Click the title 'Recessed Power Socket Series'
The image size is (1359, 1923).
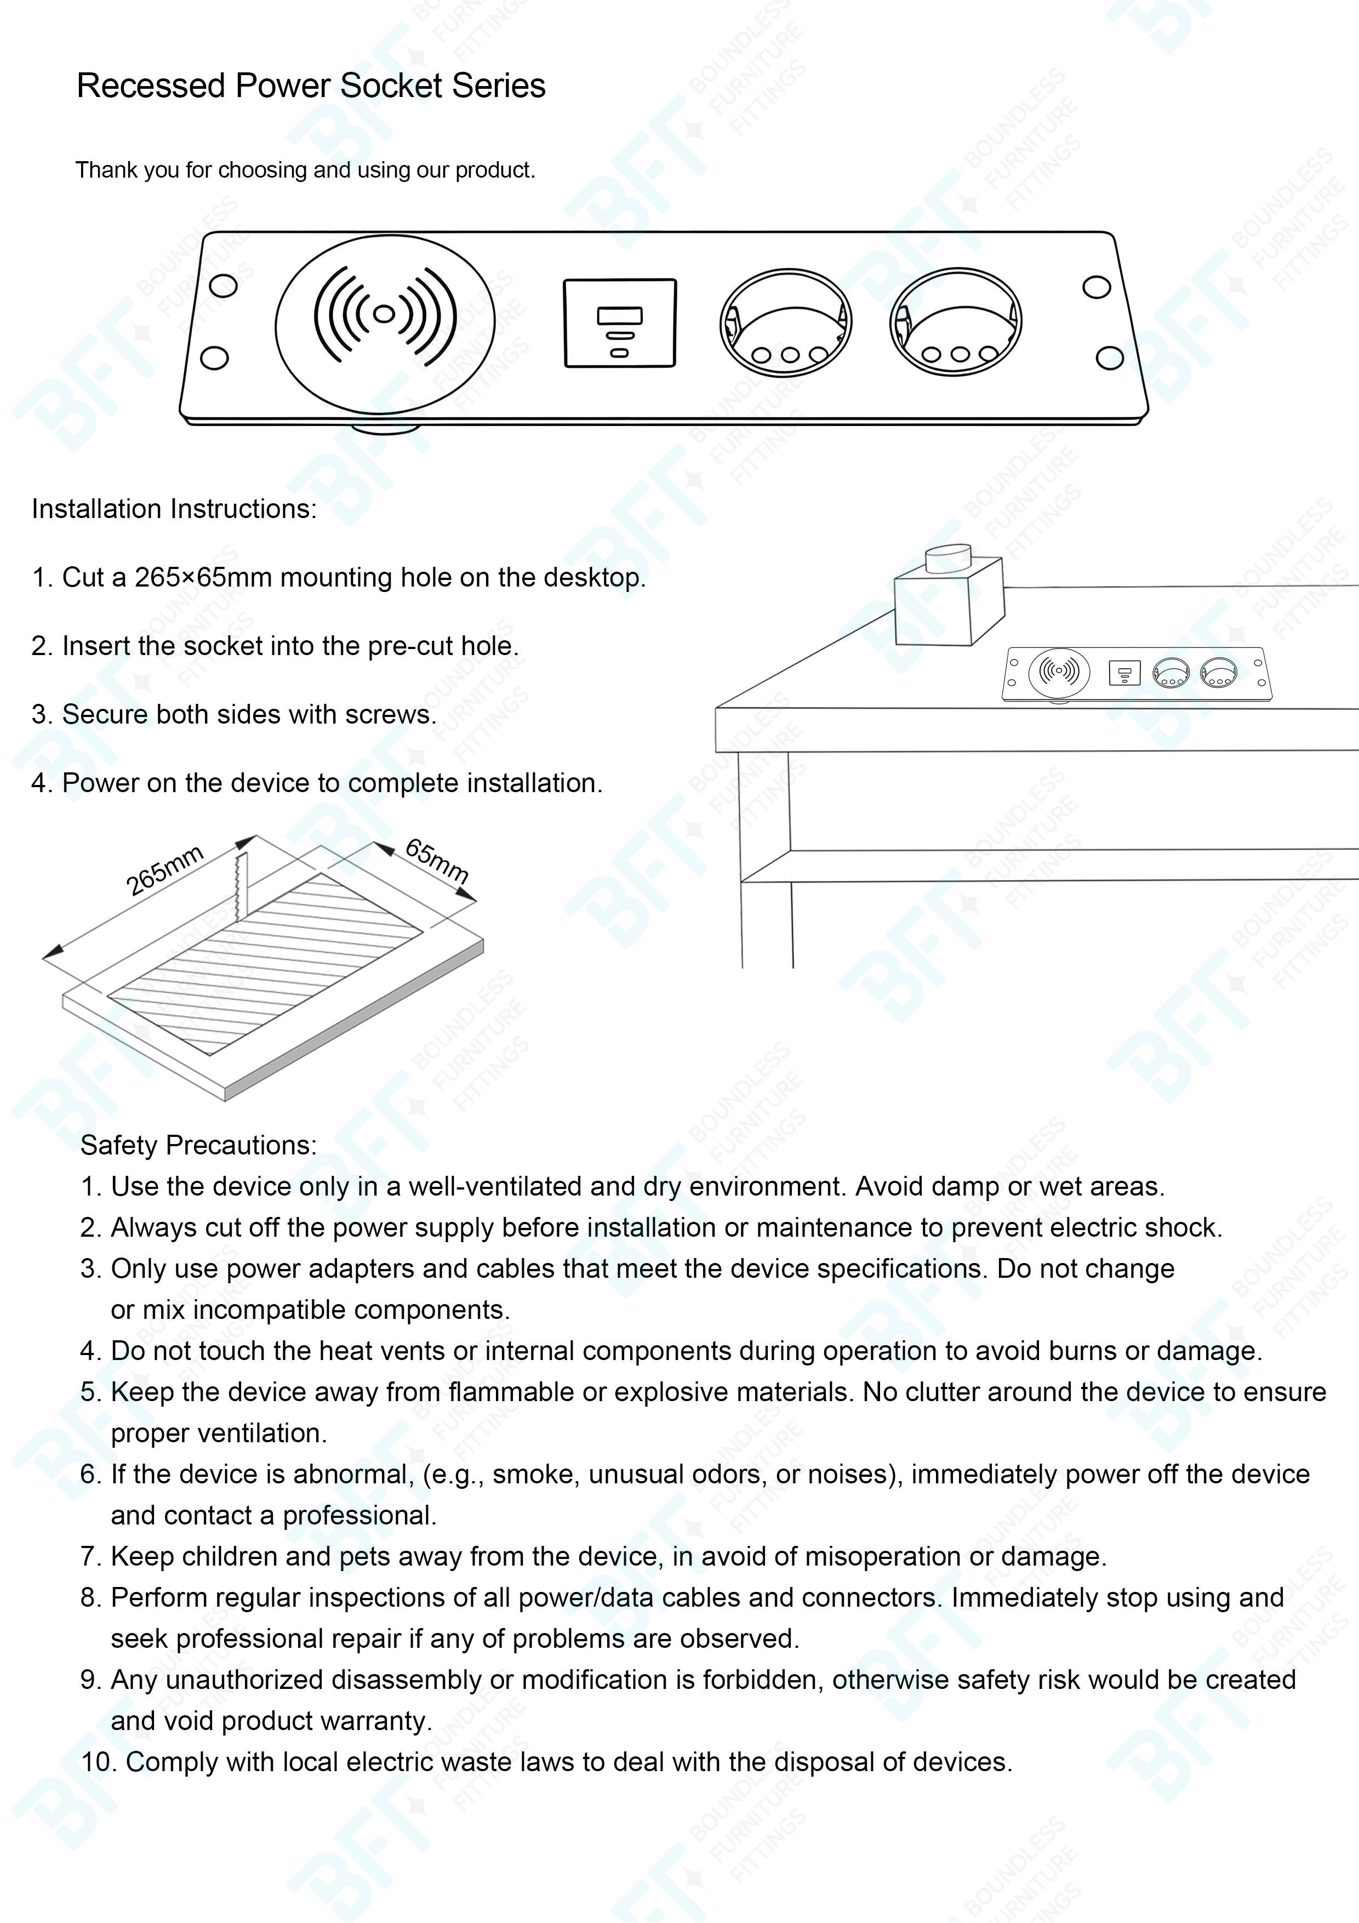click(x=311, y=86)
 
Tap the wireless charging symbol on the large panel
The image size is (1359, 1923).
click(x=384, y=315)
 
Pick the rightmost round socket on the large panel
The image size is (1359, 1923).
click(x=955, y=322)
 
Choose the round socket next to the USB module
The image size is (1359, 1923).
click(x=785, y=322)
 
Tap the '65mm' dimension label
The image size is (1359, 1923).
click(x=436, y=860)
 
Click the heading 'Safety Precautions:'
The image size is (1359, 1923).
click(x=198, y=1145)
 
